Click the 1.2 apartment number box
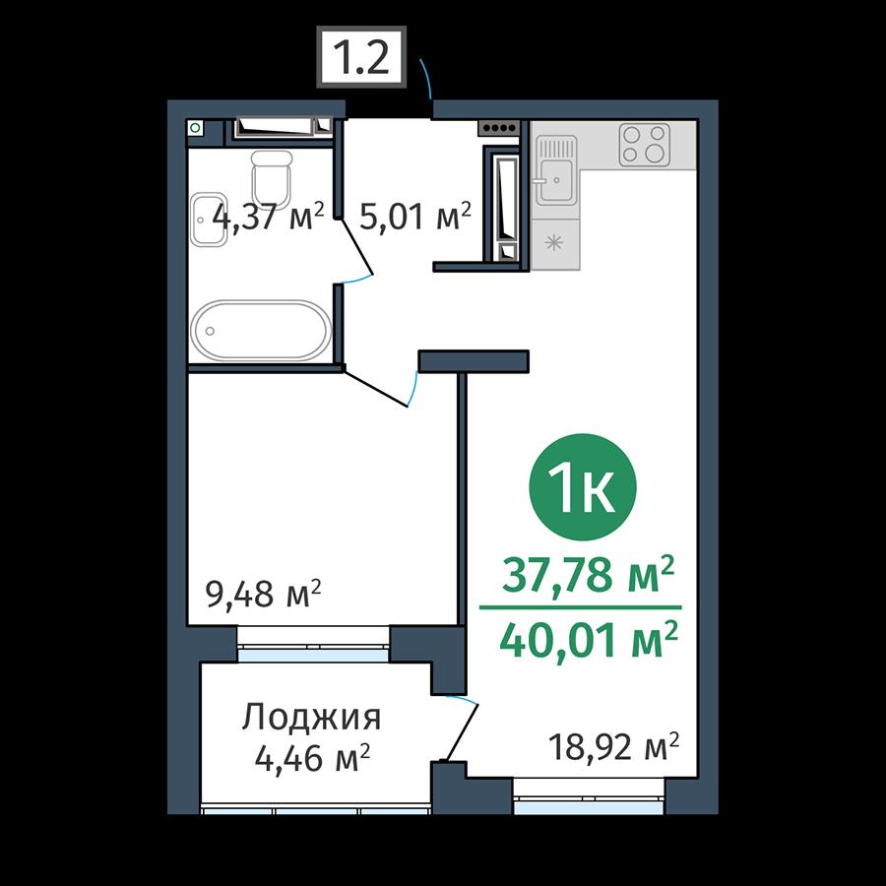coord(361,56)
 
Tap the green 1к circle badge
coord(583,487)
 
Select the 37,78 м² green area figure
coord(589,574)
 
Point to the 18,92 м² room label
coord(613,747)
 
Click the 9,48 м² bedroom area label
coord(264,593)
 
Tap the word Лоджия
coord(311,719)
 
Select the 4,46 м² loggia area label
coord(312,758)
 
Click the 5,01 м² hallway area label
coord(415,217)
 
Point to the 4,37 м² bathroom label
coord(269,217)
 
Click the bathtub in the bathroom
coord(261,331)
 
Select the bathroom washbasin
coord(208,220)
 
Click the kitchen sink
coord(556,170)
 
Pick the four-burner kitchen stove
coord(644,145)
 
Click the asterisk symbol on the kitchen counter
coord(554,243)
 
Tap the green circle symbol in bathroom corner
coord(195,128)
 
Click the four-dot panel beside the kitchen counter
coord(499,128)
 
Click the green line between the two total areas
coord(580,607)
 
